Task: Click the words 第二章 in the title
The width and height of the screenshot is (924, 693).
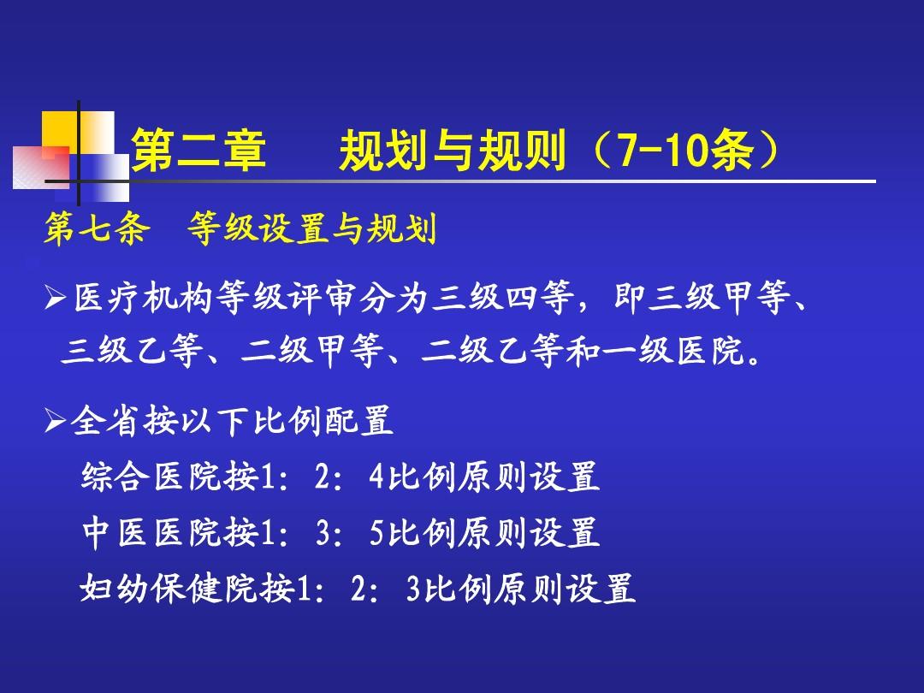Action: [x=198, y=151]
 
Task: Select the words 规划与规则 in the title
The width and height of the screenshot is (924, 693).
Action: [x=453, y=151]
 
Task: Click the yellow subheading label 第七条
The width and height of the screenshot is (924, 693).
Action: [x=97, y=228]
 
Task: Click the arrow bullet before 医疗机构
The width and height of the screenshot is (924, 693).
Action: [x=55, y=299]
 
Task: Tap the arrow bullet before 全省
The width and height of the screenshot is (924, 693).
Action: [x=55, y=421]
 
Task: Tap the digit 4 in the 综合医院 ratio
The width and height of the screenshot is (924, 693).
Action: [x=376, y=477]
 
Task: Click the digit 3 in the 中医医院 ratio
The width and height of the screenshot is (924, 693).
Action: [x=323, y=533]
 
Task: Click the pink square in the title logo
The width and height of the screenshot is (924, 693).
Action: [x=41, y=168]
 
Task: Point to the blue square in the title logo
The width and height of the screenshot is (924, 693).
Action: [x=100, y=177]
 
